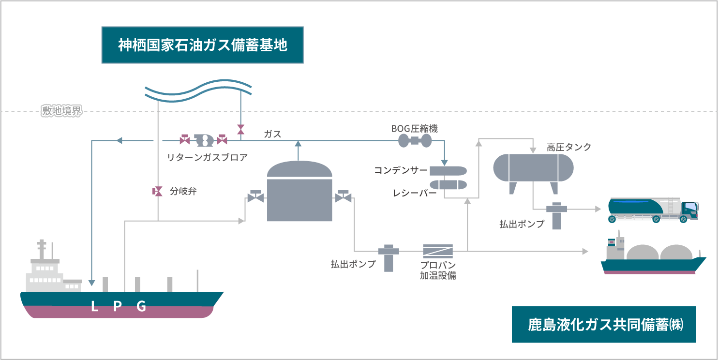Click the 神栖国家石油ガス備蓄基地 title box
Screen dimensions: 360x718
[x=202, y=45]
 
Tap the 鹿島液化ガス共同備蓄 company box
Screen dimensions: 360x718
[x=603, y=324]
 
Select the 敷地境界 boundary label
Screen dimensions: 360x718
[x=61, y=112]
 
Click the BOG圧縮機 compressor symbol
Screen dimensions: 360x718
[x=415, y=141]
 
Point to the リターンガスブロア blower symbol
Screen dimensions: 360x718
[x=204, y=140]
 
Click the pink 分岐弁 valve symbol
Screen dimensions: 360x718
[x=158, y=191]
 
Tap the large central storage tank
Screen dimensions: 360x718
[x=299, y=192]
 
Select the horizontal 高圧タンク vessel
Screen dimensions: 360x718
[x=533, y=167]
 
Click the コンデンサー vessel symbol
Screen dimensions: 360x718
[x=448, y=171]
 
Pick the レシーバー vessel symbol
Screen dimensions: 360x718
[x=448, y=185]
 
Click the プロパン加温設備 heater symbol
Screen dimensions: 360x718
[x=438, y=251]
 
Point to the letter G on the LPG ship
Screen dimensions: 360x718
[x=141, y=306]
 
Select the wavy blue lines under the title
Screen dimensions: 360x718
[x=198, y=90]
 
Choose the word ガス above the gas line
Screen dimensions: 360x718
[x=272, y=134]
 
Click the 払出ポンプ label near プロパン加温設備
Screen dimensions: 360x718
[x=353, y=264]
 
